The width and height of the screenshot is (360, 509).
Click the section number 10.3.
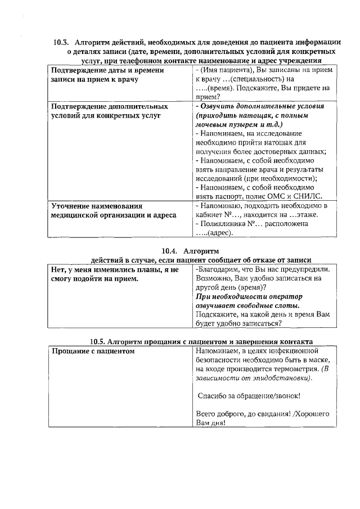(60, 42)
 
